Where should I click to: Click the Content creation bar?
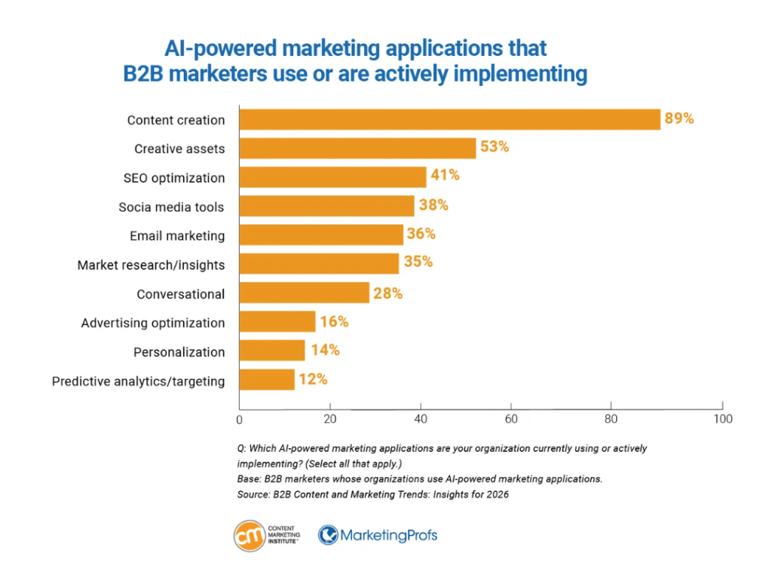(x=449, y=120)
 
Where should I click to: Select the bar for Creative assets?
(x=357, y=149)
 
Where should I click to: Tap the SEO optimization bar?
(x=332, y=178)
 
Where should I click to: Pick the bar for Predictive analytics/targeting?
(x=267, y=380)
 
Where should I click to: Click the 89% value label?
(x=679, y=119)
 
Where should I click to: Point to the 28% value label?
(x=388, y=293)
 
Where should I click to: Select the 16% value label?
(x=333, y=322)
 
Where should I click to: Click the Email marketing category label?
(x=177, y=236)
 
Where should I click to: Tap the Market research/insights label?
(x=151, y=265)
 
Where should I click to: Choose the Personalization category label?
(x=179, y=352)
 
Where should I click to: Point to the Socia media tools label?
(x=171, y=207)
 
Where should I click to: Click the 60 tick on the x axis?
(x=510, y=419)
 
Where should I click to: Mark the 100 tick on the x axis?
(x=723, y=419)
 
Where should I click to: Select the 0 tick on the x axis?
(x=240, y=419)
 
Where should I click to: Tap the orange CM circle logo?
(x=250, y=536)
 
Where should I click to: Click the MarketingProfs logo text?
(x=388, y=536)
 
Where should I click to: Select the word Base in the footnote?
(x=250, y=479)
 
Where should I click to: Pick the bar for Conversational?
(x=304, y=293)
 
